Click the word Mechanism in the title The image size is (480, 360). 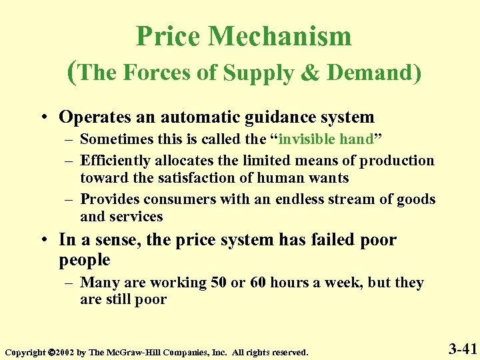[x=281, y=36]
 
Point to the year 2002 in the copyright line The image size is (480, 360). [x=66, y=351]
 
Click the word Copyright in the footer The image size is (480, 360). [x=25, y=351]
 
